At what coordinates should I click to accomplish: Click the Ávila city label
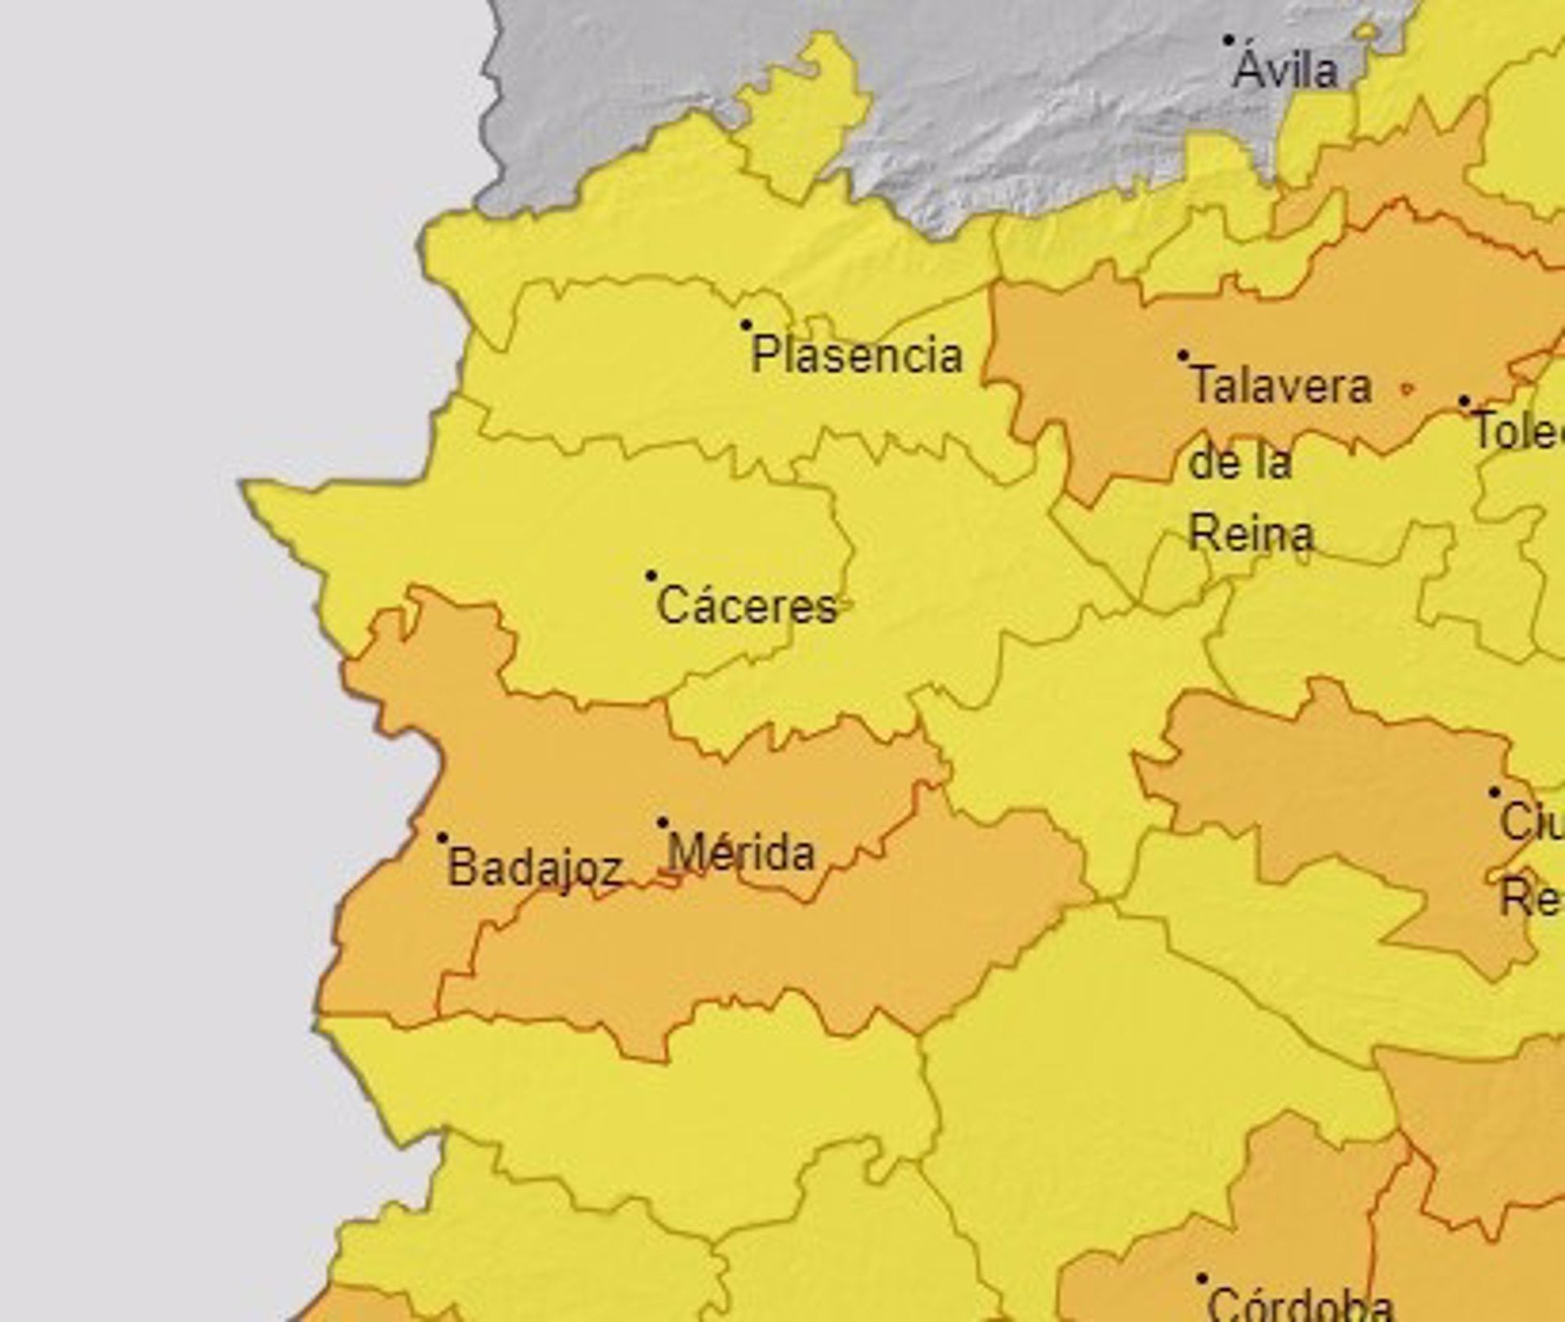[1285, 72]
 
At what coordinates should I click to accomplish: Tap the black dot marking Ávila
[1228, 40]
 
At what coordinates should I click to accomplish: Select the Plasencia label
[857, 356]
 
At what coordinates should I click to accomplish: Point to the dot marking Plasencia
[745, 325]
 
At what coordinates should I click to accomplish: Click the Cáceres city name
[747, 607]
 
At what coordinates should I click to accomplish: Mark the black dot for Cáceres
[650, 576]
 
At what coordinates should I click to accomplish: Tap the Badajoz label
[535, 868]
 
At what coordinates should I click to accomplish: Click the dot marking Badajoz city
[443, 838]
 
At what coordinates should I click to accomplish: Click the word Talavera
[1281, 386]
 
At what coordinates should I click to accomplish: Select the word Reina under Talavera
[1251, 535]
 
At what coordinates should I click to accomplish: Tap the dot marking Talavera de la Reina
[1183, 356]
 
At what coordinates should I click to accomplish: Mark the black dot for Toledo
[1464, 402]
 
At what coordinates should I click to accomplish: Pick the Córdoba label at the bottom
[1299, 1304]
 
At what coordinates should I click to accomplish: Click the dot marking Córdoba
[1201, 1279]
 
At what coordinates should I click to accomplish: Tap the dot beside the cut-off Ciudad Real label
[1494, 792]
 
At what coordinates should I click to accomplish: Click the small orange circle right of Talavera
[1405, 390]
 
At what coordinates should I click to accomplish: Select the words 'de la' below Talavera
[1241, 462]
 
